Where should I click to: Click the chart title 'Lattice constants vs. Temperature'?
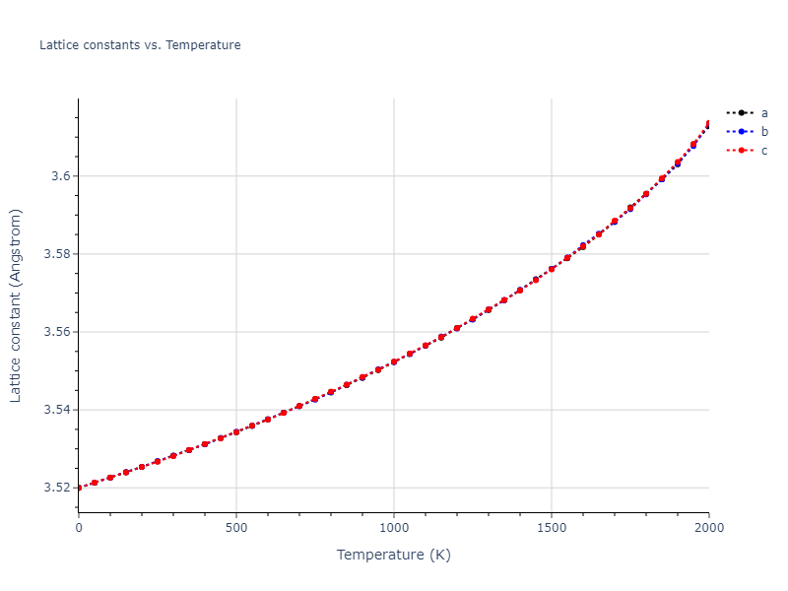point(140,45)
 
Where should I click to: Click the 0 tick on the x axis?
point(79,528)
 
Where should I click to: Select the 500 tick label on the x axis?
point(236,528)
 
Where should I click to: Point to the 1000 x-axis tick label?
point(394,528)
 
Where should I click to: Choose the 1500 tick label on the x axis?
point(552,528)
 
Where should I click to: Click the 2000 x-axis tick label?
point(708,528)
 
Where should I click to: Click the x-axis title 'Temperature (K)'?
point(394,555)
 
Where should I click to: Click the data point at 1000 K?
point(394,361)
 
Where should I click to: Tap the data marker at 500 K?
point(236,431)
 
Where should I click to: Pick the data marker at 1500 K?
point(552,269)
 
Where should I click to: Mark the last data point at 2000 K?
point(708,124)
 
